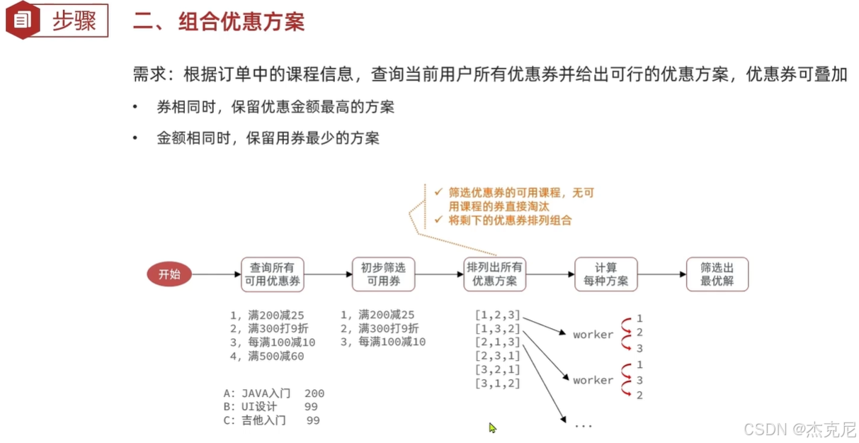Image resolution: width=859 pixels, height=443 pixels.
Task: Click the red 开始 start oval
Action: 169,274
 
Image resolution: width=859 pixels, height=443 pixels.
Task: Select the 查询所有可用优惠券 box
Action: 273,274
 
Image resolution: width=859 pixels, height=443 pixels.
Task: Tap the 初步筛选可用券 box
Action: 383,274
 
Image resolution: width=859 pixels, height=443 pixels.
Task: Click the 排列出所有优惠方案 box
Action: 495,274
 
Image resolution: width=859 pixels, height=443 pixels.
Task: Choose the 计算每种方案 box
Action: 606,274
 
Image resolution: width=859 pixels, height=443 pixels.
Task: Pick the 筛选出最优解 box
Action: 717,274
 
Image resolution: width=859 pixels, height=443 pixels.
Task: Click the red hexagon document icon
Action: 22,20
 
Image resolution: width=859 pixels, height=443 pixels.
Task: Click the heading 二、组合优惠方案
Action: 219,22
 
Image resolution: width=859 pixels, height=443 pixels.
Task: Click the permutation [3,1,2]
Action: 498,383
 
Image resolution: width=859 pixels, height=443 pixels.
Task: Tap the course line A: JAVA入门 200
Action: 273,393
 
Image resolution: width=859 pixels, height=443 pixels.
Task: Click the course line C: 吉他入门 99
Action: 271,420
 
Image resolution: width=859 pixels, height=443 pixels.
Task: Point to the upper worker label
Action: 593,335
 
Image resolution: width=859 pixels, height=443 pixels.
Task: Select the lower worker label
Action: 593,381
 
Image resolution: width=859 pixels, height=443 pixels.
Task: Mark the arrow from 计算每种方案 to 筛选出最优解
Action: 661,274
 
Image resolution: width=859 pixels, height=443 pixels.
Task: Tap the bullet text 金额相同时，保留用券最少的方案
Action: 268,138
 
